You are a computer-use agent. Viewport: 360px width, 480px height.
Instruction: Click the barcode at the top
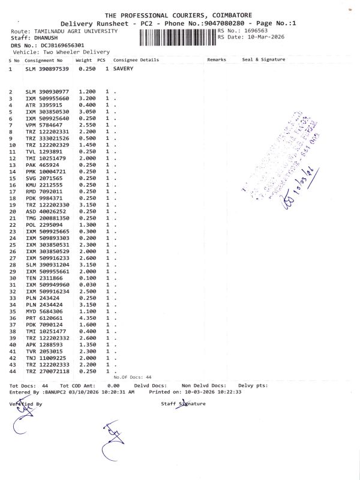[x=177, y=38]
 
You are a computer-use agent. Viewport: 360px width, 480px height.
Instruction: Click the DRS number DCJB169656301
[x=59, y=45]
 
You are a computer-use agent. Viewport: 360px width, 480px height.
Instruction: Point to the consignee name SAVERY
[x=123, y=69]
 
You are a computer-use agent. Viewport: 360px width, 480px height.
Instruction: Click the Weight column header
[x=83, y=60]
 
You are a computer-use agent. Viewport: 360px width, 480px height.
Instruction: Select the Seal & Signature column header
[x=263, y=60]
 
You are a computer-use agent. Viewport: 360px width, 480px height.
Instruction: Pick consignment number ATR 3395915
[x=47, y=105]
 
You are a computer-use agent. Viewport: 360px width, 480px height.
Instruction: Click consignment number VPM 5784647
[x=47, y=125]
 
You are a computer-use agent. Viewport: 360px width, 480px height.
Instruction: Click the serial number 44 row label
[x=11, y=371]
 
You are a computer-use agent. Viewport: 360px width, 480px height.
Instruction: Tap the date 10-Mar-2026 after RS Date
[x=265, y=37]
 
